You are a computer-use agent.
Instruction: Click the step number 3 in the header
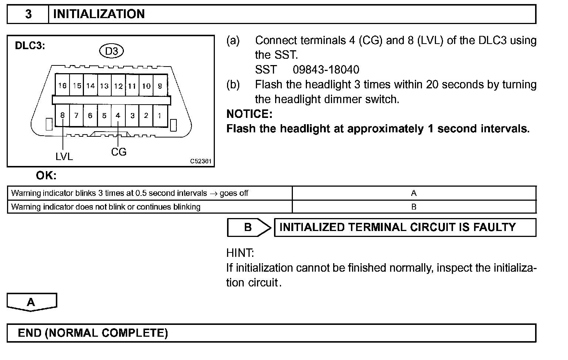(28, 14)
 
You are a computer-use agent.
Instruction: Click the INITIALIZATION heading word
(99, 14)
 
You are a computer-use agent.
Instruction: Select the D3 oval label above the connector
(111, 51)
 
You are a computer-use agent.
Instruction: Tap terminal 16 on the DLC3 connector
(62, 86)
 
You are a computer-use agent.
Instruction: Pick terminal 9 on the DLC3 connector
(160, 86)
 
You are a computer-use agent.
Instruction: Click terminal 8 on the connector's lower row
(62, 115)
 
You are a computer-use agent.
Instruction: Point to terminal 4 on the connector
(118, 115)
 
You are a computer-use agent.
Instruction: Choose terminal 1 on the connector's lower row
(159, 115)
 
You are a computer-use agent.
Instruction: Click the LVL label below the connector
(64, 157)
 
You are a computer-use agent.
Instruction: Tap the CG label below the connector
(119, 152)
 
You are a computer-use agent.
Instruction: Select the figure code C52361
(201, 161)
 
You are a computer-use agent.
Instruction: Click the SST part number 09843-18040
(326, 69)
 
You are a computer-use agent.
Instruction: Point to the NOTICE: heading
(249, 114)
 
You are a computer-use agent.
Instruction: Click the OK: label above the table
(46, 176)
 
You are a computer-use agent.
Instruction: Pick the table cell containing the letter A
(414, 193)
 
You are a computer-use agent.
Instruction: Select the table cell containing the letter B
(414, 207)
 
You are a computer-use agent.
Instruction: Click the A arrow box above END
(31, 302)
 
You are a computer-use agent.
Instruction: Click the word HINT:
(240, 253)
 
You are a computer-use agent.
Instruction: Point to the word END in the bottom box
(30, 333)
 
